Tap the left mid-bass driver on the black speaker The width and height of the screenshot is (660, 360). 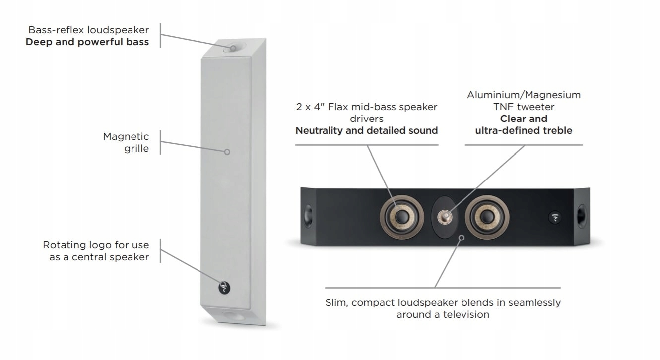coord(402,216)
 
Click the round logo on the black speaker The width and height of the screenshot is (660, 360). coord(555,217)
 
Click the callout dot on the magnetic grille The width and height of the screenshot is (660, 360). coord(227,152)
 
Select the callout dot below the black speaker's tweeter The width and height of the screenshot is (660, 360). coord(462,238)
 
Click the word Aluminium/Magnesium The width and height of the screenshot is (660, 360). coord(524,95)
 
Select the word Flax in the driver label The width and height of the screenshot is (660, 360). coord(338,107)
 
